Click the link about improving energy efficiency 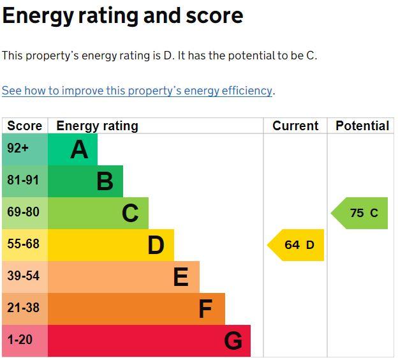[x=136, y=91]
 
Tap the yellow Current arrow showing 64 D [x=296, y=245]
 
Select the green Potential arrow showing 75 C [x=360, y=213]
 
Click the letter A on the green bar [x=79, y=149]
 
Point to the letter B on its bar [x=105, y=181]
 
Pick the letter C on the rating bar [x=130, y=213]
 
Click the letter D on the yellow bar [x=156, y=245]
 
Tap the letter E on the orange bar [x=181, y=277]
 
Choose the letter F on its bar [x=205, y=309]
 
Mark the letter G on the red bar [x=233, y=341]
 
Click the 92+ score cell [x=18, y=148]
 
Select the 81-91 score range [x=23, y=180]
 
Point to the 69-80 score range [x=24, y=212]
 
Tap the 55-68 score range [x=24, y=244]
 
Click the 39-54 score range [x=24, y=276]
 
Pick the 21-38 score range [x=24, y=308]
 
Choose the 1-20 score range [x=20, y=340]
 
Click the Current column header [x=295, y=126]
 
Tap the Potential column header [x=362, y=126]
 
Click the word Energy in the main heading [x=38, y=17]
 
